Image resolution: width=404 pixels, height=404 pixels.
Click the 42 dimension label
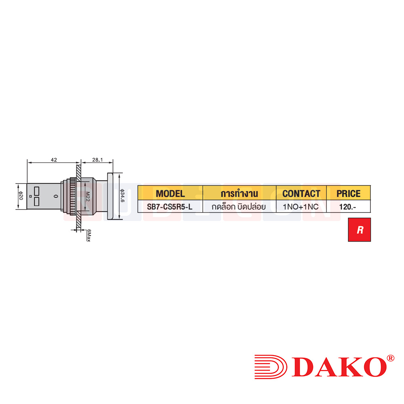54,160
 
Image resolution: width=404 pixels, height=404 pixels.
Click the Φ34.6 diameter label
122,197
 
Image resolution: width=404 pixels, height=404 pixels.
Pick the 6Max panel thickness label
88,235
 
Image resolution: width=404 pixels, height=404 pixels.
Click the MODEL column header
170,194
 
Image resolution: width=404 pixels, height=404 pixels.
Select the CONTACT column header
301,194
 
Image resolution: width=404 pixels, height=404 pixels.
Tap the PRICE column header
348,194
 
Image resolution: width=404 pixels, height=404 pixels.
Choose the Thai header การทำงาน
239,194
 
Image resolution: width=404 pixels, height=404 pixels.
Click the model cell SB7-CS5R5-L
170,206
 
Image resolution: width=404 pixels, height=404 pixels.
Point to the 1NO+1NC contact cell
301,206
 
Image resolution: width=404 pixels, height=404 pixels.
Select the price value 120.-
347,206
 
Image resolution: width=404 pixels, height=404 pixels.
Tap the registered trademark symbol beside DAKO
390,358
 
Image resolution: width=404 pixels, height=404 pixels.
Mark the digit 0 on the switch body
55,196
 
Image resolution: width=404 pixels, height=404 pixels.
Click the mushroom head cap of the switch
110,196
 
